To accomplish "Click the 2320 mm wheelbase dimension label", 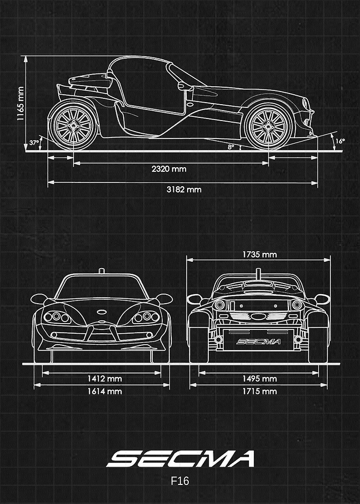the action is tap(169, 169).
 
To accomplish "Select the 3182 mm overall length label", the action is tap(184, 189).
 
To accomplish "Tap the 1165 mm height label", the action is tap(21, 104).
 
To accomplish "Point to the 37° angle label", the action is tap(34, 143).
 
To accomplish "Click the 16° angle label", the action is tap(340, 141).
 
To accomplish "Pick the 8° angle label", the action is tap(231, 147).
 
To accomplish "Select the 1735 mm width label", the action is tap(260, 254).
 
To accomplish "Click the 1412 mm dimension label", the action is tap(105, 379).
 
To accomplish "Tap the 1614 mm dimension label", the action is tap(105, 391).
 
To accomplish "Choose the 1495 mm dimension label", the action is tap(260, 379).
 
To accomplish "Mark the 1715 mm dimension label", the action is tap(260, 391).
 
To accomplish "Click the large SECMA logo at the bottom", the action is tap(180, 459).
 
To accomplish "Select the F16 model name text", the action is tap(180, 481).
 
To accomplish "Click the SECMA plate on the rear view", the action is tap(259, 342).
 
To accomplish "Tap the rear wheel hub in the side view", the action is tap(73, 126).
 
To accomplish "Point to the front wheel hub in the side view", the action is tap(269, 126).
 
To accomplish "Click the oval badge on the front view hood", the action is tap(101, 311).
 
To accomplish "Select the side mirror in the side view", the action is tap(183, 86).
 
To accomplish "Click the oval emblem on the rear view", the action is tap(257, 317).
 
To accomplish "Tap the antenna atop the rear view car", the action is tap(258, 274).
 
